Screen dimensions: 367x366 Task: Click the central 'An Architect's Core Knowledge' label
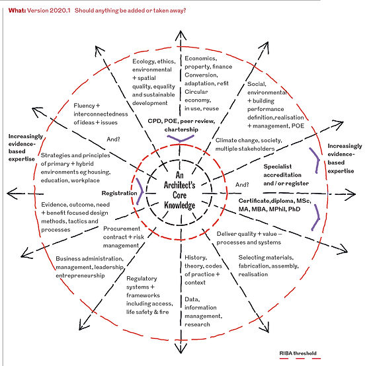click(x=179, y=190)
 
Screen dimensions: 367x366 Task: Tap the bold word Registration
click(x=120, y=193)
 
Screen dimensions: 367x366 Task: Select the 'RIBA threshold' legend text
click(x=298, y=353)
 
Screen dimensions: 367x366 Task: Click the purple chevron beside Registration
click(x=141, y=192)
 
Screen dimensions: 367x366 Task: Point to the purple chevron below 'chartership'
click(x=181, y=139)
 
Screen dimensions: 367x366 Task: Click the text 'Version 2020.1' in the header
click(x=49, y=11)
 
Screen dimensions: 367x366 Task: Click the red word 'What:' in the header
click(x=17, y=11)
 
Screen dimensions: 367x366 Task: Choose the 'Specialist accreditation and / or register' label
click(x=286, y=175)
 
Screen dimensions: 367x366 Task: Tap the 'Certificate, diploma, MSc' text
click(x=275, y=201)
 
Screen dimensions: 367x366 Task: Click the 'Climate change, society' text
click(x=249, y=140)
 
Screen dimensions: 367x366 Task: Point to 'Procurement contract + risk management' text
click(x=124, y=237)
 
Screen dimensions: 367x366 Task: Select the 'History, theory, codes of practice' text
click(x=203, y=270)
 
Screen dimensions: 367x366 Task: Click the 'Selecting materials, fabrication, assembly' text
click(x=268, y=266)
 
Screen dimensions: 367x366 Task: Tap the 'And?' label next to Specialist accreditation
click(x=242, y=185)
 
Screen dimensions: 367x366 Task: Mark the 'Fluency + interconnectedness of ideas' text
click(x=101, y=114)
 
